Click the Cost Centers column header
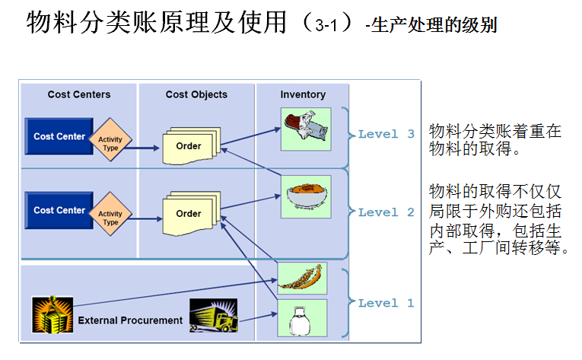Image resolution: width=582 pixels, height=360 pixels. pos(79,94)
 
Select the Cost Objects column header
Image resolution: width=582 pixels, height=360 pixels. pos(196,94)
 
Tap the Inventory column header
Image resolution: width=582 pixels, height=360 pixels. pos(303,94)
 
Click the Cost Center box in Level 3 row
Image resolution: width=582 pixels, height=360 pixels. pos(59,137)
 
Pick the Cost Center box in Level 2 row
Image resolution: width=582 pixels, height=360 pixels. pos(59,210)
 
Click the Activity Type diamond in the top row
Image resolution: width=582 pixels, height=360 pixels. pos(111,142)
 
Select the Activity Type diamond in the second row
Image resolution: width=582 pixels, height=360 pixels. pos(111,218)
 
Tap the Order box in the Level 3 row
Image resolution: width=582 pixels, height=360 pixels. pos(189,146)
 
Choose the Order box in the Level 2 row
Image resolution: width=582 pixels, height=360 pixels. pos(189,214)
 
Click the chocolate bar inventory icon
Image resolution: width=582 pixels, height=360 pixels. pos(304,126)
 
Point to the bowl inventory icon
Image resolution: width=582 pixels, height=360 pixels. pos(304,196)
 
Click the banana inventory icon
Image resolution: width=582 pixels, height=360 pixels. pos(302,279)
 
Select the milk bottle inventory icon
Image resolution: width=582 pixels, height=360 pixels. pos(302,318)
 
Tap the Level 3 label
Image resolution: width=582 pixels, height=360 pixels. pos(386,134)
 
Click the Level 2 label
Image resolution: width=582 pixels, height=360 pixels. pos(386,212)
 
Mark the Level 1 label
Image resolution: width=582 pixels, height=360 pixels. pos(386,303)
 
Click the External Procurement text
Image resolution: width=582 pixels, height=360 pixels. pos(130,320)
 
